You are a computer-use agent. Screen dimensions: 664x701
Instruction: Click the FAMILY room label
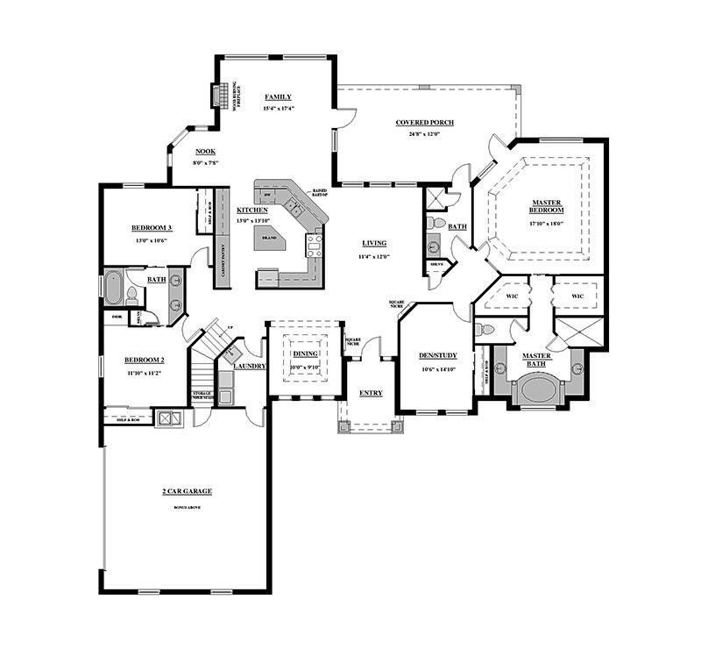(x=278, y=97)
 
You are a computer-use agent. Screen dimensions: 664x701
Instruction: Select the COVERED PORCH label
(x=424, y=123)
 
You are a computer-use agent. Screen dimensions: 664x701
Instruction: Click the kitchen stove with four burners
(x=313, y=244)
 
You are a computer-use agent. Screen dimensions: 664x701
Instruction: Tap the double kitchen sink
(x=295, y=207)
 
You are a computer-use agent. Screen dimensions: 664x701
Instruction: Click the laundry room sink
(x=230, y=354)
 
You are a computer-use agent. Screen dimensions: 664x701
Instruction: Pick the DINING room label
(x=305, y=353)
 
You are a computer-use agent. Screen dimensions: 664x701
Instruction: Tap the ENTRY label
(x=372, y=393)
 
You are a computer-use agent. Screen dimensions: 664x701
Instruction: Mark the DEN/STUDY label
(x=435, y=356)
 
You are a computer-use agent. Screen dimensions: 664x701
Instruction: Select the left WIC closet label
(x=513, y=296)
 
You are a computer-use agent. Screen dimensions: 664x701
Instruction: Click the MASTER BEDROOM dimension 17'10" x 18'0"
(x=546, y=223)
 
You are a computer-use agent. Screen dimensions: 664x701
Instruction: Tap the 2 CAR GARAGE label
(x=188, y=491)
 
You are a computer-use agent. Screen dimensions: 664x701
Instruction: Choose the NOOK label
(x=205, y=151)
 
